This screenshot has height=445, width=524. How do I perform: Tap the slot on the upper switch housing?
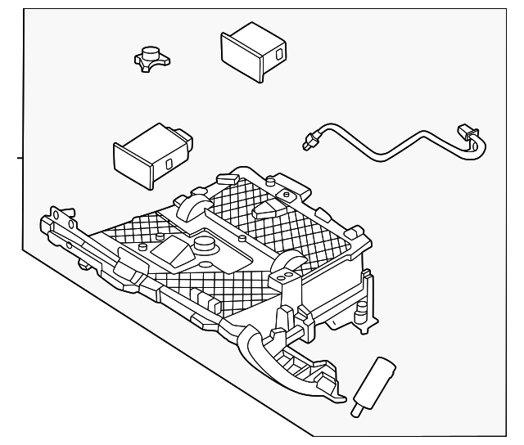click(277, 55)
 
